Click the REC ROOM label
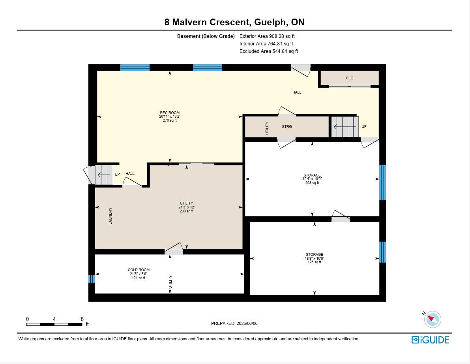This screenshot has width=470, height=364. pos(170,113)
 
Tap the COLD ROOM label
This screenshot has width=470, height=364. pos(139,270)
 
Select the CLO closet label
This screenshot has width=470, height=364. pos(350,78)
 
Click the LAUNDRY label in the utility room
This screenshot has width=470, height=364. pos(110,216)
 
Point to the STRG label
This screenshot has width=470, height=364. pos(287,126)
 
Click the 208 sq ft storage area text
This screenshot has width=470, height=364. pos(312,183)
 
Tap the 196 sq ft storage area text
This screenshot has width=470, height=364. pos(315,262)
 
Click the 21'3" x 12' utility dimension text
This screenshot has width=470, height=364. pos(186,207)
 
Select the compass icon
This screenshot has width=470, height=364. pos(433,319)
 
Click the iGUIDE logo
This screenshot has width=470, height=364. pos(430,340)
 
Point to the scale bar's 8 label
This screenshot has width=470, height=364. pos(82,319)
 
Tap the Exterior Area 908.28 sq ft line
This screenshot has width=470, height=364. pos(267,36)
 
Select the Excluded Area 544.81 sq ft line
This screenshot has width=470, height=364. pos(269,51)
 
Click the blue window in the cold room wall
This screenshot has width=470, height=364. pos(92,279)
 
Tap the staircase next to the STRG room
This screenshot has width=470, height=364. pos(345,127)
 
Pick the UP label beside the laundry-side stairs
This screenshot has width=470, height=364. pos(117,174)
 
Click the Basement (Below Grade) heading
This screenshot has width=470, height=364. pos(206,36)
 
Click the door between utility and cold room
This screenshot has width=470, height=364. pos(174,250)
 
